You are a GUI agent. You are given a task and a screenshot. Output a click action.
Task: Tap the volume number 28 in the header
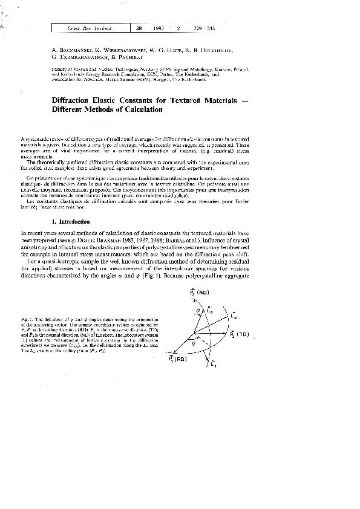139,28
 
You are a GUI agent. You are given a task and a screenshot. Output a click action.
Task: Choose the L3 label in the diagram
209,310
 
